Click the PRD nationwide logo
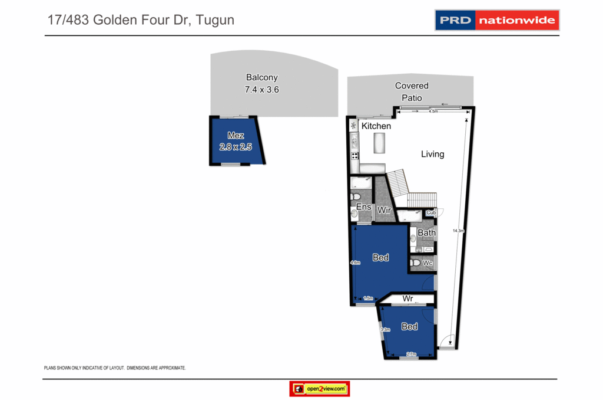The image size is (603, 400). tap(496, 20)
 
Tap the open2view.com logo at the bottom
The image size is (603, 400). tap(320, 389)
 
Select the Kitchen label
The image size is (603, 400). tap(376, 126)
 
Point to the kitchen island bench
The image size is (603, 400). tap(379, 143)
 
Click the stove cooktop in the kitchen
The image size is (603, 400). tap(354, 156)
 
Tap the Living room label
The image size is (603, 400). tap(432, 154)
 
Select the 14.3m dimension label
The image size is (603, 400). tap(455, 231)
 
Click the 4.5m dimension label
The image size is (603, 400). tap(433, 111)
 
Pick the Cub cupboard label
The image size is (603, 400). tap(430, 212)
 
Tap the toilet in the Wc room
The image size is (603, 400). tap(416, 263)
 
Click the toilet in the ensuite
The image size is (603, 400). tap(356, 197)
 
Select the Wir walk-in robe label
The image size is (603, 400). tap(384, 210)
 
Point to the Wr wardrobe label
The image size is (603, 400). tap(407, 299)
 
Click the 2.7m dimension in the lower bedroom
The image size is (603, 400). tap(410, 354)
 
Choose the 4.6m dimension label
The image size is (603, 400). tap(354, 263)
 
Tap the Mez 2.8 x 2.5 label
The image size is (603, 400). tap(236, 142)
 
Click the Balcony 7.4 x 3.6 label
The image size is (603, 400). tap(261, 84)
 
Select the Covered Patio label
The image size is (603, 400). tap(412, 91)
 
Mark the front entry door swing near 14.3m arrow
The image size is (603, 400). tap(448, 341)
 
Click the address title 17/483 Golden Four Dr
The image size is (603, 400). tap(141, 20)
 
